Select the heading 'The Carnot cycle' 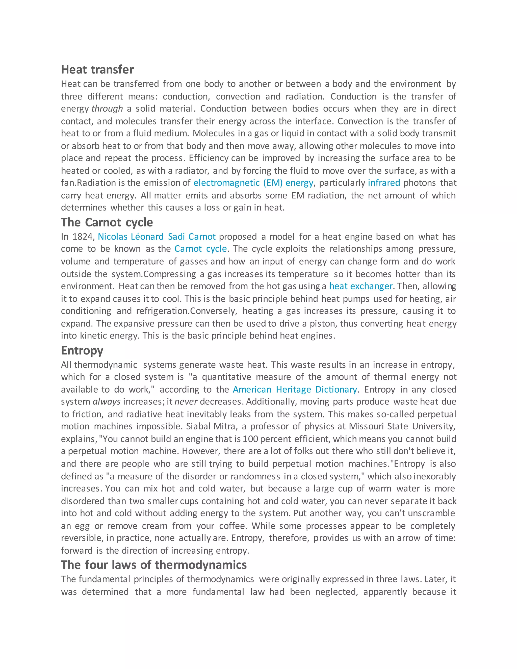click(x=107, y=222)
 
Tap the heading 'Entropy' click(x=82, y=350)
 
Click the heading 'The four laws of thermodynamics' click(x=153, y=564)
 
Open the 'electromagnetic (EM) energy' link click(x=253, y=183)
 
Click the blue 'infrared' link click(x=384, y=183)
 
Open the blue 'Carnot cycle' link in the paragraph click(x=201, y=249)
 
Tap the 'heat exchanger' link click(x=360, y=286)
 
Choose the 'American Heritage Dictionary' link click(x=295, y=389)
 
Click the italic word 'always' click(x=107, y=402)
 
